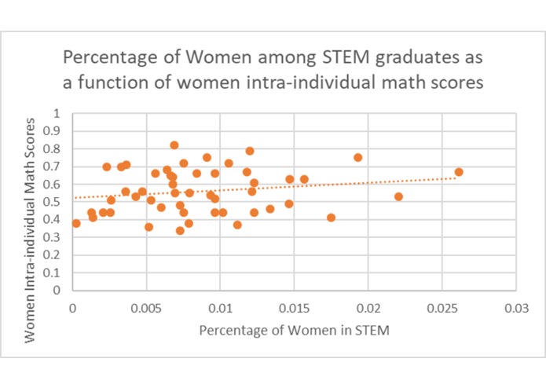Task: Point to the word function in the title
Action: pos(140,82)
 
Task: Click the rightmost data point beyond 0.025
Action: pos(459,172)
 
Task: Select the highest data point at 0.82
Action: pos(174,145)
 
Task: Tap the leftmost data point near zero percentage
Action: pos(76,223)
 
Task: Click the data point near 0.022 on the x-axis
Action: pos(398,196)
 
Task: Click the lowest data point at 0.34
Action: pos(180,230)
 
